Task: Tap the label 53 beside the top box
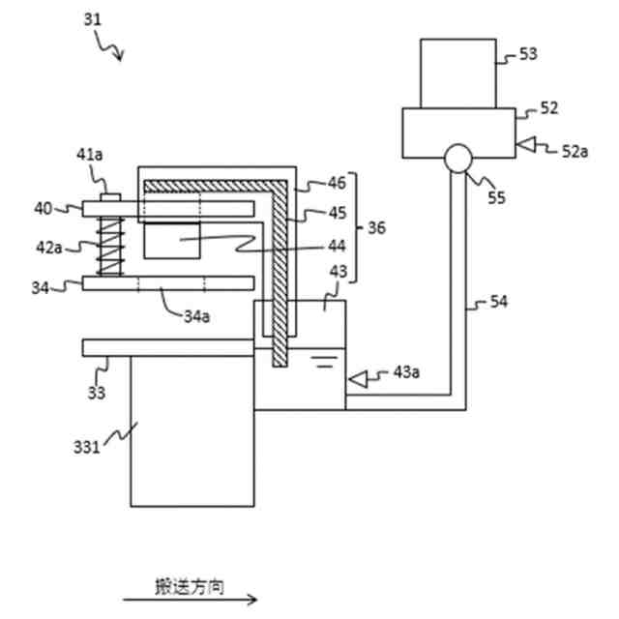pos(528,54)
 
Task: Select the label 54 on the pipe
pos(498,303)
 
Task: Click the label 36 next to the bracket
pos(375,227)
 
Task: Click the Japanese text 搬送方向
pos(191,586)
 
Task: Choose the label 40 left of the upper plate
pos(44,207)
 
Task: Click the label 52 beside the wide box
pos(549,108)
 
